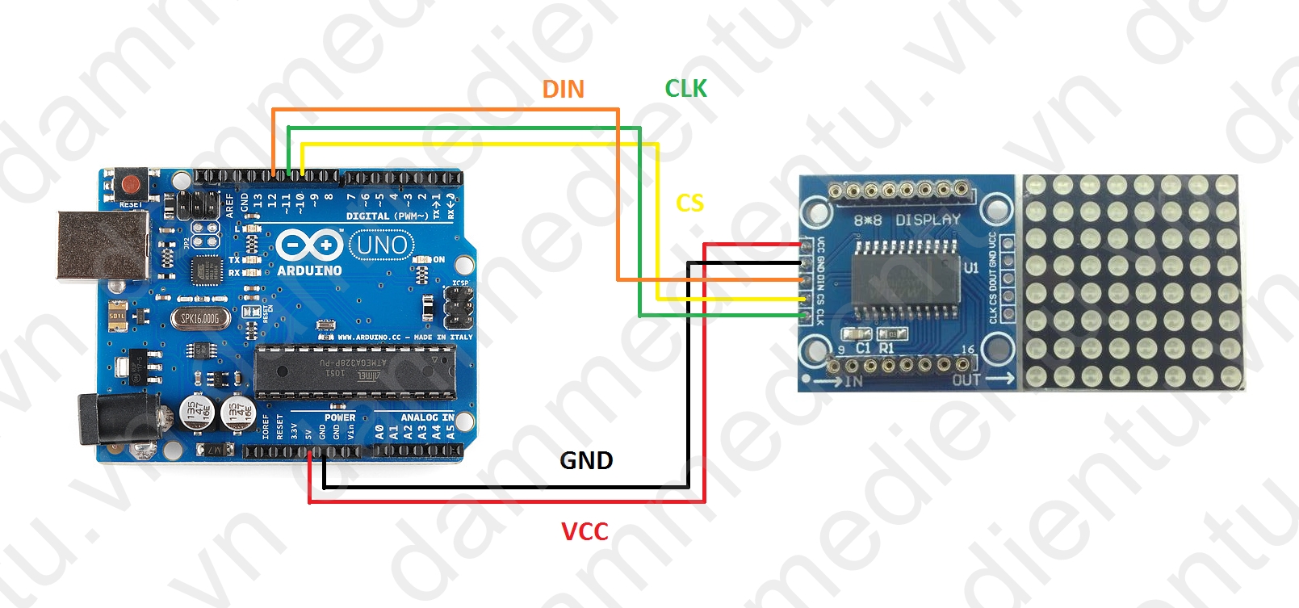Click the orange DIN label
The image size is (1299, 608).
coord(563,89)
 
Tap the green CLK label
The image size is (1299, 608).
coord(685,88)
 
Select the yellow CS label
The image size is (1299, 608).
coord(689,203)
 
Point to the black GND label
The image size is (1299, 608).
coord(586,460)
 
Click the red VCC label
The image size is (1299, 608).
coord(585,531)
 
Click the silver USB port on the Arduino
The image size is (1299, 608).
coord(101,245)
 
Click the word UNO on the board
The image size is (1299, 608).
coord(382,245)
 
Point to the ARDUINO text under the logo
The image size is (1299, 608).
coord(309,270)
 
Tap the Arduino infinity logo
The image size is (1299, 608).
coord(309,244)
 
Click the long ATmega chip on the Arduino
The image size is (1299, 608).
coord(355,371)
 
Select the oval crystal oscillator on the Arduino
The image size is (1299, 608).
coord(199,318)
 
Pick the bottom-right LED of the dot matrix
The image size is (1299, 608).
coord(1226,375)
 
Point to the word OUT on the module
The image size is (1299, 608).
coord(966,379)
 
